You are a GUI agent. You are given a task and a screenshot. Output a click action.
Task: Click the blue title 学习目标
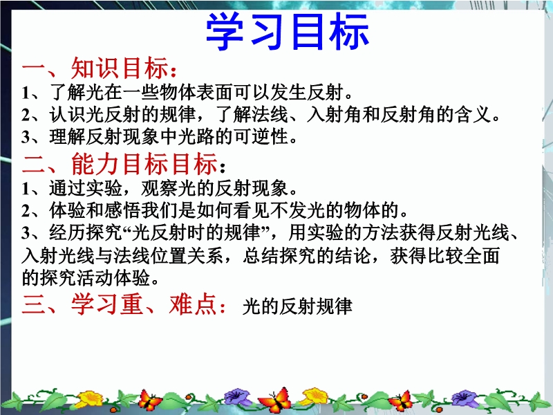click(x=287, y=31)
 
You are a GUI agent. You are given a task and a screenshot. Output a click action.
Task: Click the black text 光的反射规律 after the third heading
click(x=297, y=306)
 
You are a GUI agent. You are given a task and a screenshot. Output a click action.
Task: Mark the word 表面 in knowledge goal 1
click(x=215, y=93)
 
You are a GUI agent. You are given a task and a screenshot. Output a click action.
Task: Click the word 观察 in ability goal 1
click(x=159, y=187)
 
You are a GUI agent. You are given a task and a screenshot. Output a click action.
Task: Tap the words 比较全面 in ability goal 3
click(x=463, y=255)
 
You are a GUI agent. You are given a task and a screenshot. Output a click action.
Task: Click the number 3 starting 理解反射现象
click(x=26, y=137)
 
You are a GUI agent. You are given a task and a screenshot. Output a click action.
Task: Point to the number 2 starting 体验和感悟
click(x=26, y=211)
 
